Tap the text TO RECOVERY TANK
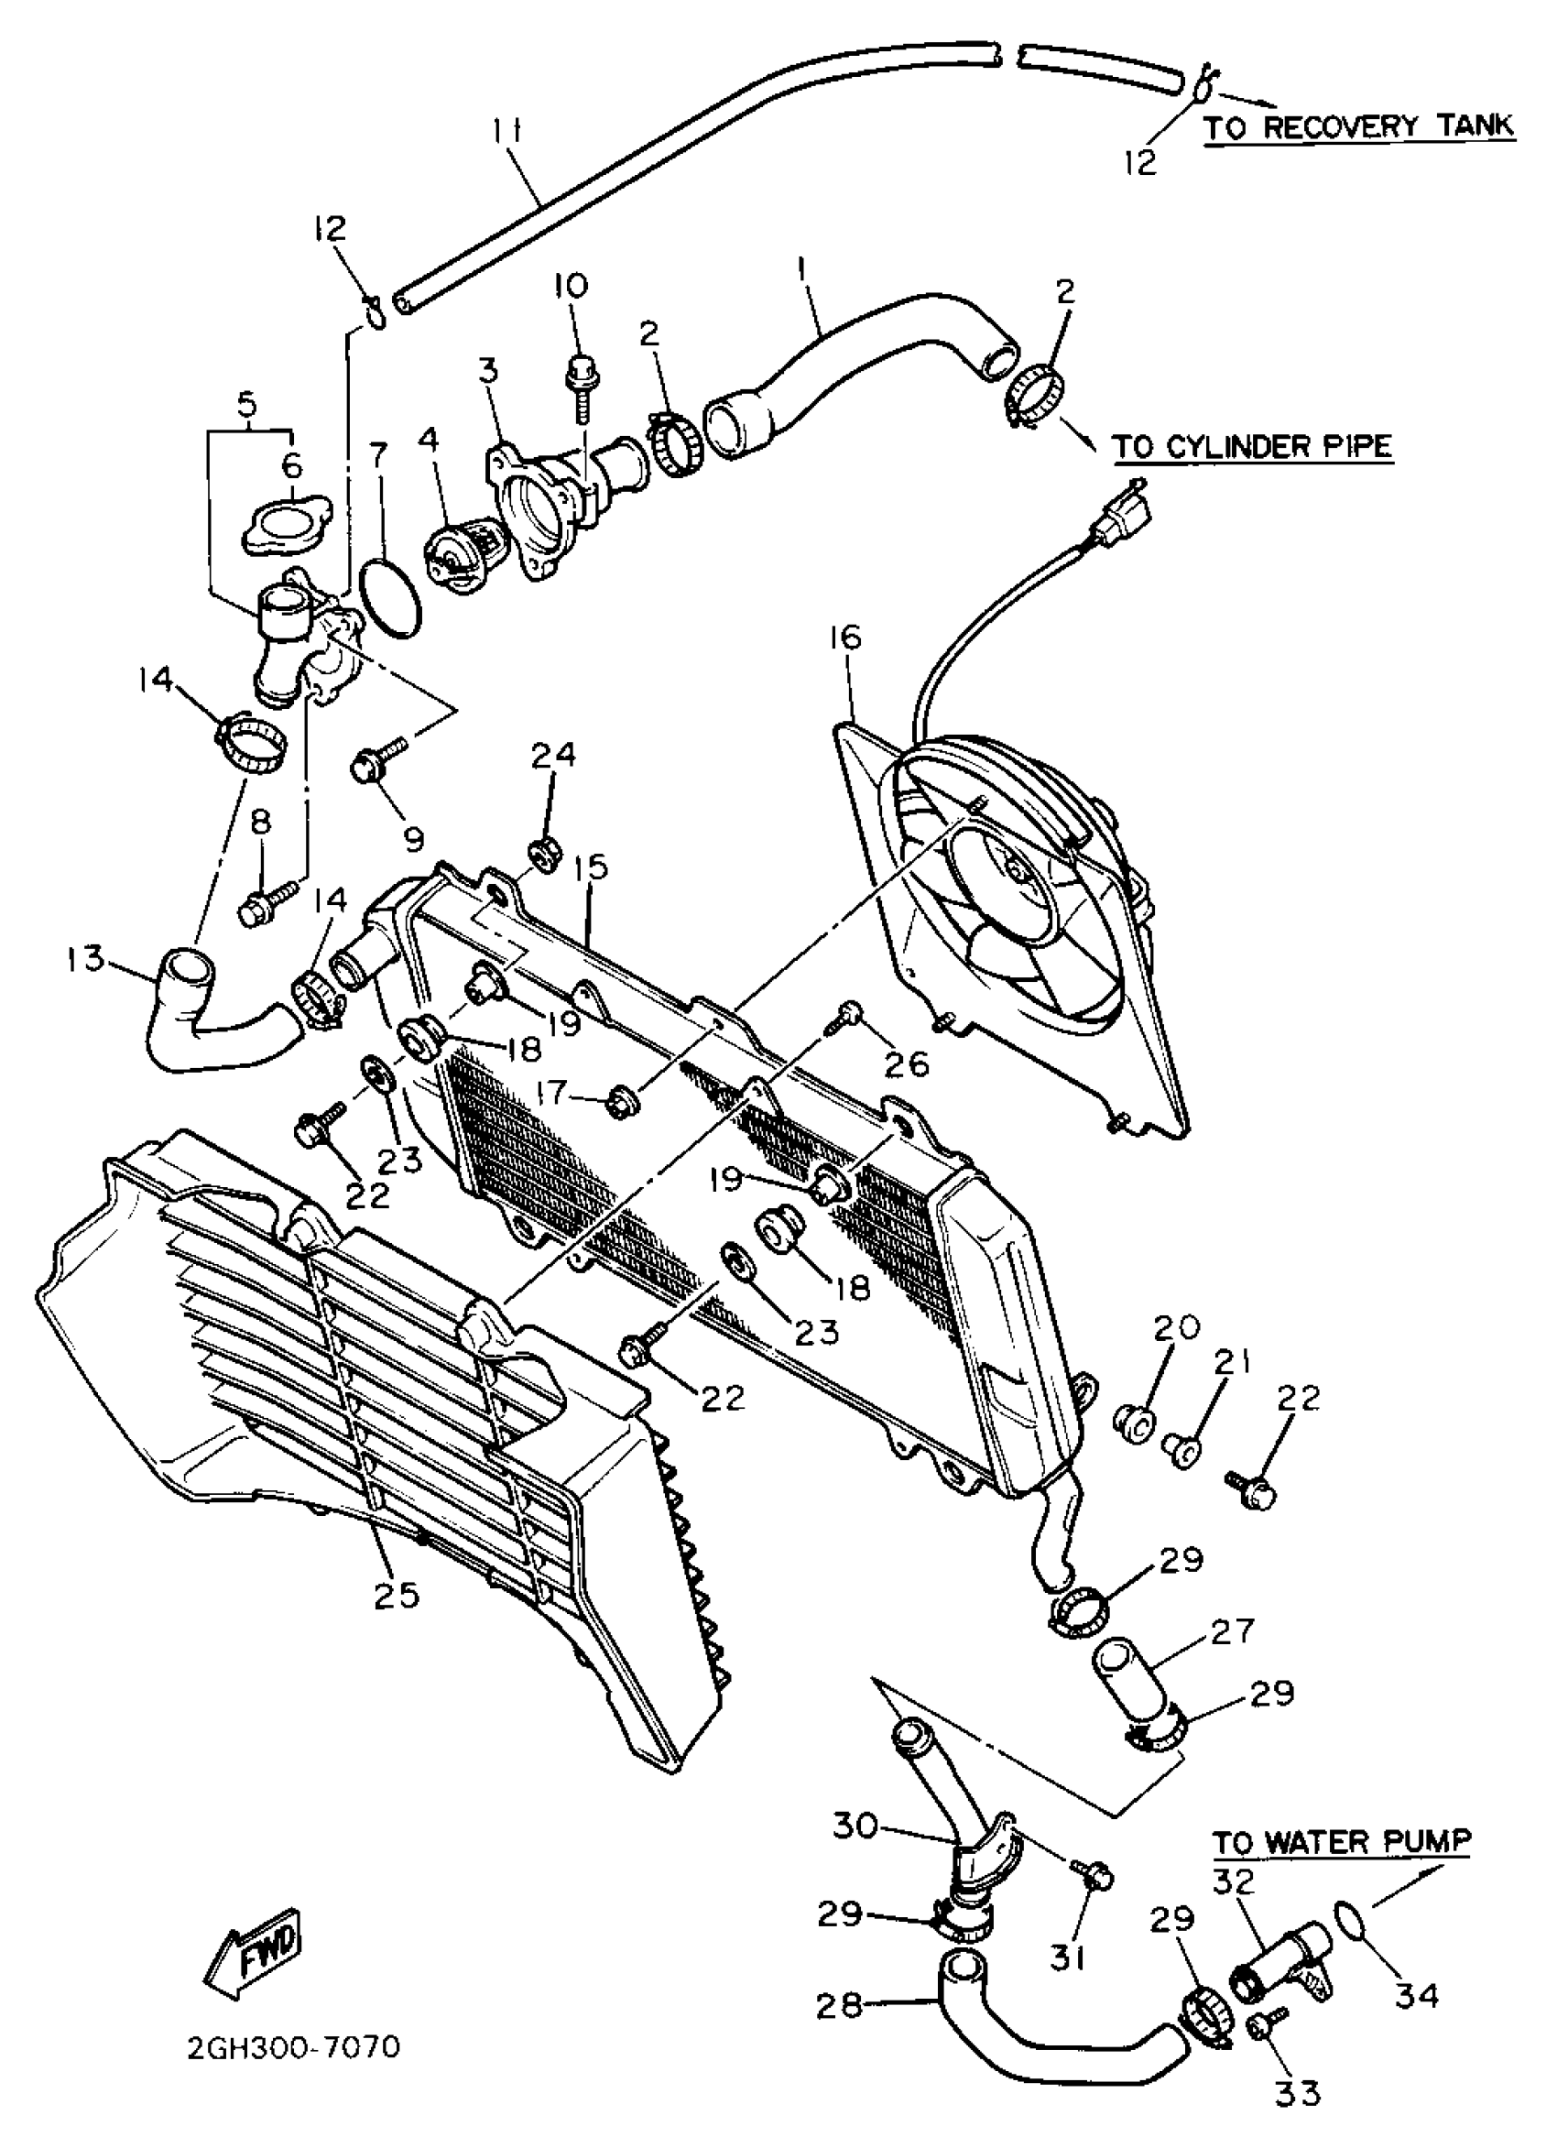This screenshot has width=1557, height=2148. coord(1358,126)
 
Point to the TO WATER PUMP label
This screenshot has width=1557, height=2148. coord(1342,1842)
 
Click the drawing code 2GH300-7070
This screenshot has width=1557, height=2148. coord(294,2047)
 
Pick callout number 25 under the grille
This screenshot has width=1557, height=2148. coord(397,1595)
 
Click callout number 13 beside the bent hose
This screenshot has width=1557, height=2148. coord(86,958)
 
